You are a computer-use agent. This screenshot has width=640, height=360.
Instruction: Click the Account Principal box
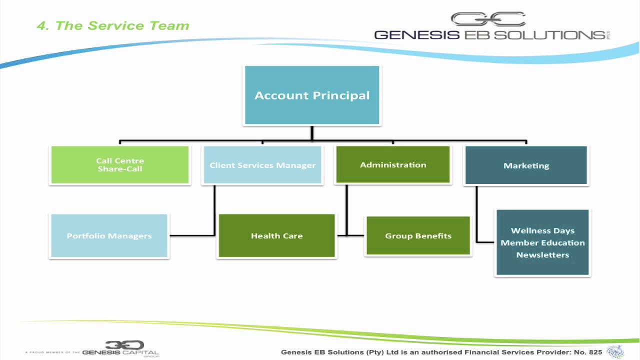[312, 95]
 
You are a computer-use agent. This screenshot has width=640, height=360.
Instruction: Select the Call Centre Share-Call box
[120, 165]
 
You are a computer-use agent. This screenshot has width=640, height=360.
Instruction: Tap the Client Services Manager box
[262, 165]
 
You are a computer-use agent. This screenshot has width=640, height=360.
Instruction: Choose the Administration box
[393, 164]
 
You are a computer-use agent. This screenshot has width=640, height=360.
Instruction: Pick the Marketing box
[526, 165]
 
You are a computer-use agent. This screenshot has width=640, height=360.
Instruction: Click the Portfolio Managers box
[109, 236]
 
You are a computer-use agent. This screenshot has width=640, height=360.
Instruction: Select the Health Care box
[276, 236]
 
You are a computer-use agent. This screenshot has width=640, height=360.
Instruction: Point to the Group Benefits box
[418, 236]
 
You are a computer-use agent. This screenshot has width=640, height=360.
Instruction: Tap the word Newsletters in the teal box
[542, 255]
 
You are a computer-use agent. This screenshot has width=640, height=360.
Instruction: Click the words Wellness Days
[542, 231]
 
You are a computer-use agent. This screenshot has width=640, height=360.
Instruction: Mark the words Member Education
[542, 243]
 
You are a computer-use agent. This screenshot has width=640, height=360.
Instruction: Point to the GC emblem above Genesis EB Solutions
[488, 19]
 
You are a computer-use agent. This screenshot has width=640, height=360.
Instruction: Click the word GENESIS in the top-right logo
[417, 35]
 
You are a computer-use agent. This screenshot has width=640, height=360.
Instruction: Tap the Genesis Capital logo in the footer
[120, 349]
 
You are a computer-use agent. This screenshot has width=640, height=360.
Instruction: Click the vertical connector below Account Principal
[312, 133]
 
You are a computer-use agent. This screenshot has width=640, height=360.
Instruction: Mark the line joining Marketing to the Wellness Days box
[476, 215]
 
